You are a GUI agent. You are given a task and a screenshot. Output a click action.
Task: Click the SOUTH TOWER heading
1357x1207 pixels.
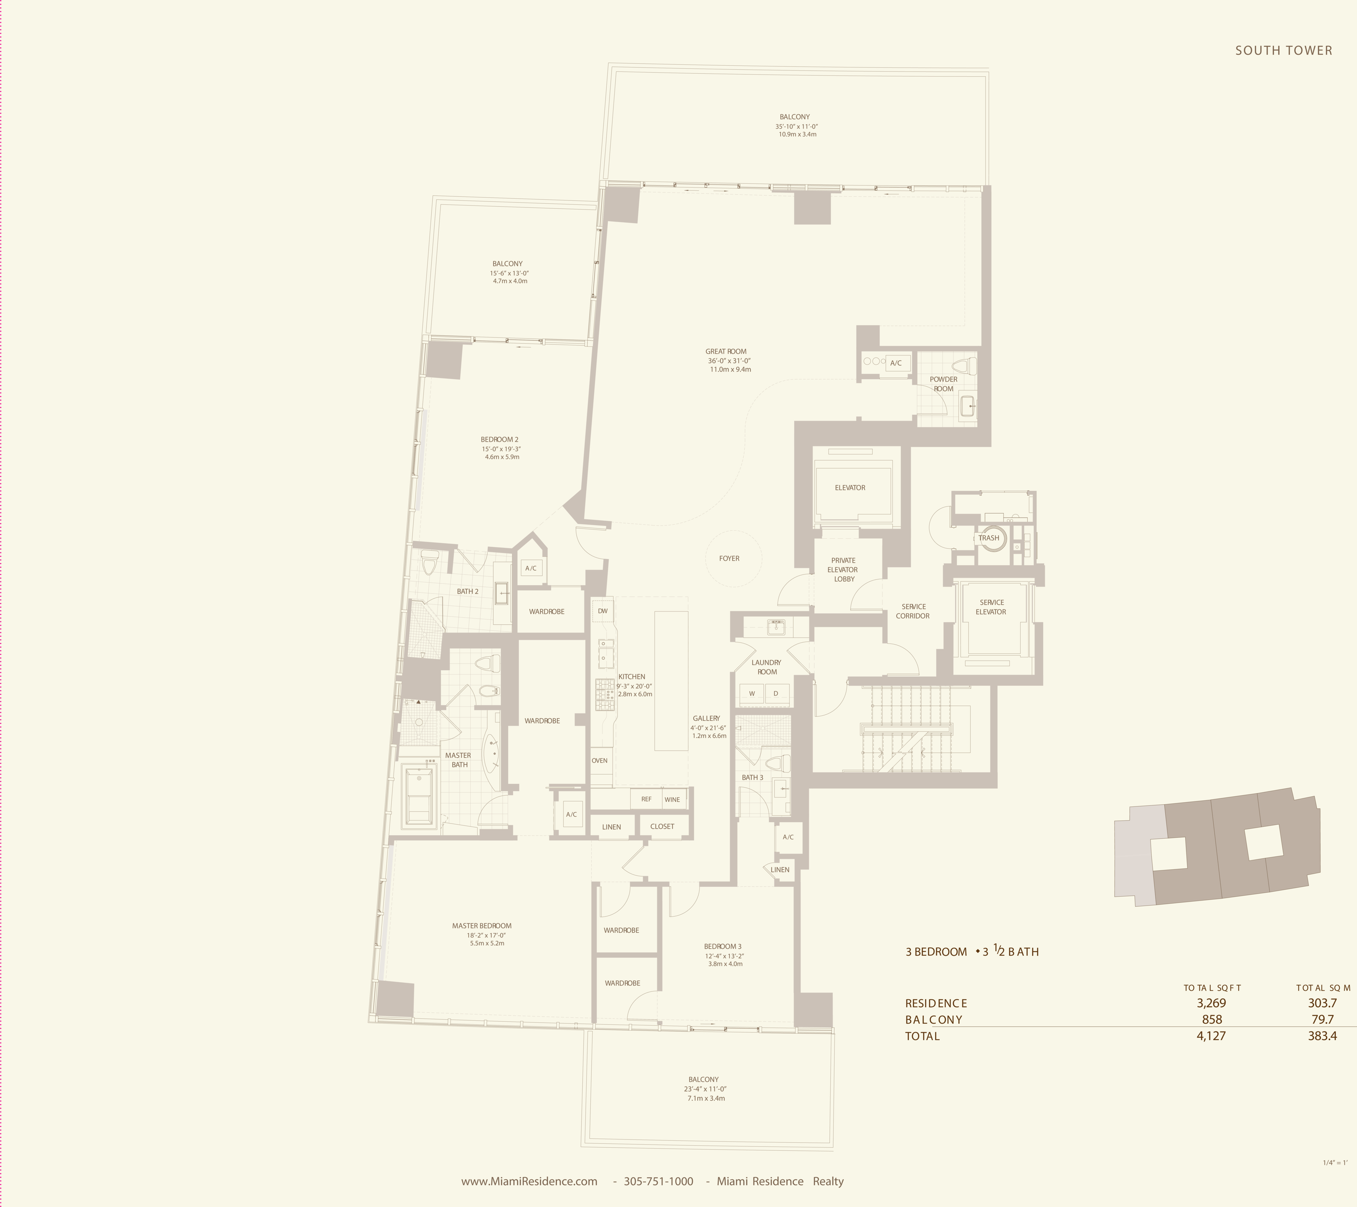pyautogui.click(x=1283, y=50)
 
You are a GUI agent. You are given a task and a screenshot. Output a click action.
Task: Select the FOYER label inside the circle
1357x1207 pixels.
pyautogui.click(x=729, y=558)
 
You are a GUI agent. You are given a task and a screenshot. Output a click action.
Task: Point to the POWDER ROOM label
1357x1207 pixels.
pyautogui.click(x=944, y=384)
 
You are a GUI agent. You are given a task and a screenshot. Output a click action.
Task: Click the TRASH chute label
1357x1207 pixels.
pyautogui.click(x=989, y=538)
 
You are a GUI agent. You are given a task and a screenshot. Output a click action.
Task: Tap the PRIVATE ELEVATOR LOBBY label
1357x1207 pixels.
pyautogui.click(x=843, y=570)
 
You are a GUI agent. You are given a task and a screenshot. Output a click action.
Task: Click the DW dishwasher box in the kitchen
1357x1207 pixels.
pyautogui.click(x=603, y=611)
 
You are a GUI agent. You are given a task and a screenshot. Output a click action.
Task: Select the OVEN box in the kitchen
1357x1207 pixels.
pyautogui.click(x=599, y=761)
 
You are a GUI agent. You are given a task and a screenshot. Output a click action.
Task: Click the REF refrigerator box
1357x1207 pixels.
pyautogui.click(x=646, y=799)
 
